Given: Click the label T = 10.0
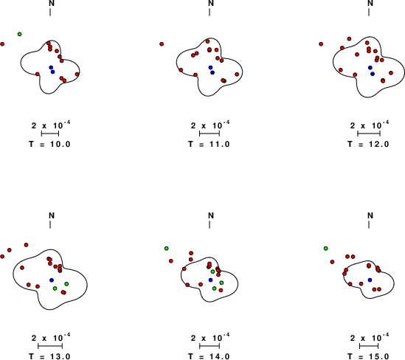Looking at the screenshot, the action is pos(49,144).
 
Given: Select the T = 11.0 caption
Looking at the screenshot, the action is pos(209,144).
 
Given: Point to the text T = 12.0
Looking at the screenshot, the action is pos(368,144).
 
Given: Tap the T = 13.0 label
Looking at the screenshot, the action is pos(49,356).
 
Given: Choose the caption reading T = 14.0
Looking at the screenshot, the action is pos(209,356).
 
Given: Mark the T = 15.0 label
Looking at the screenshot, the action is pos(368,356).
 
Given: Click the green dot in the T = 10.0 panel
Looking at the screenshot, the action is pos(20,34).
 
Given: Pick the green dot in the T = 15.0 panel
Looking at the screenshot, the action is pos(326,249).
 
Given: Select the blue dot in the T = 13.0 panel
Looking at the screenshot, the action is pos(52,280).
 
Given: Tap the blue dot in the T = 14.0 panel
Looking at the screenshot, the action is pos(210,280).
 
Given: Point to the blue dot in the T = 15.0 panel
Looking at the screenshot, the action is pos(370,280).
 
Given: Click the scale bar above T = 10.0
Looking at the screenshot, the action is pos(50,134).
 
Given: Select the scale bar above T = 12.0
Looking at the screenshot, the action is pos(369,134).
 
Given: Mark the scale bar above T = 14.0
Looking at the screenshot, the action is pos(210,346).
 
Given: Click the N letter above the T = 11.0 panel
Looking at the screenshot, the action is pos(211,3).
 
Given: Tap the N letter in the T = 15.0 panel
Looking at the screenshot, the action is pos(370,215).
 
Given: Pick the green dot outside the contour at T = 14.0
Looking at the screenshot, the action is pos(166,249).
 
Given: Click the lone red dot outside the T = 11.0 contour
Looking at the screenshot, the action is pos(162,44).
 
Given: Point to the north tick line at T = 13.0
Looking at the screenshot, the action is pos(50,225).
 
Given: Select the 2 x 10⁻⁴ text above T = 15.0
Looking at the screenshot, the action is pos(370,337).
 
